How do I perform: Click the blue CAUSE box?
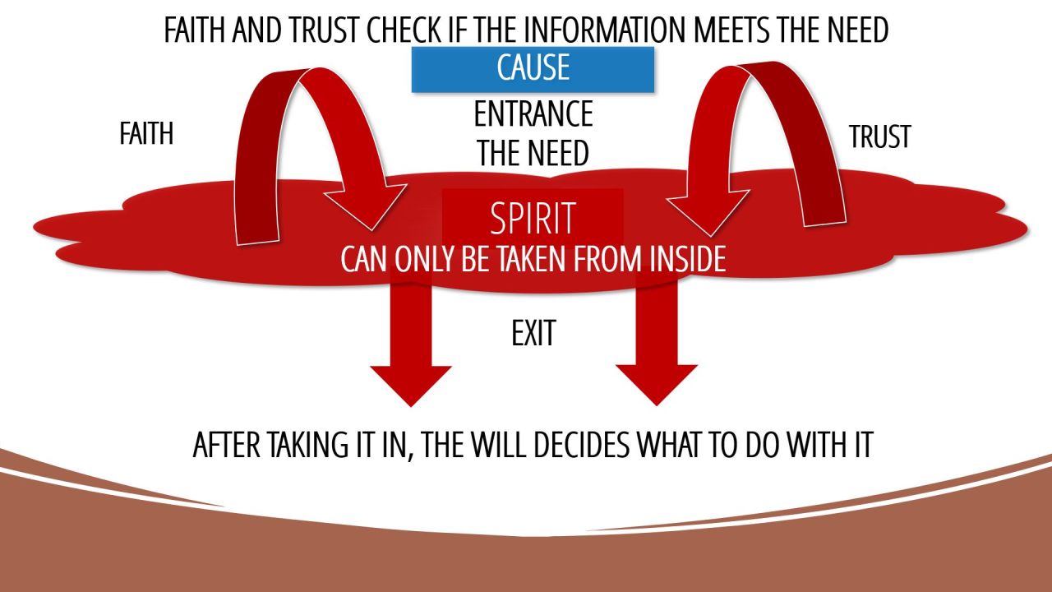point(533,69)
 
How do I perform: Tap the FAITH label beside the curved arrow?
point(146,133)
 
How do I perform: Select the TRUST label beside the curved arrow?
point(879,136)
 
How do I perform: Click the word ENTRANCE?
point(533,114)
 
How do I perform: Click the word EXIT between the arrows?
point(533,333)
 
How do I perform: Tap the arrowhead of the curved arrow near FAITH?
point(367,206)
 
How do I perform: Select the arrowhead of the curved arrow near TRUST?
point(706,210)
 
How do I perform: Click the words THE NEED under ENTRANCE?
point(533,153)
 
